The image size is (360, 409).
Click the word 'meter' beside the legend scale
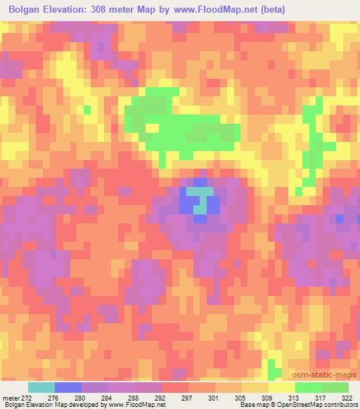(x=11, y=397)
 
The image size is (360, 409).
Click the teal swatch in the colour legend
(x=41, y=387)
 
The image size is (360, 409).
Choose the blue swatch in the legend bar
(x=68, y=387)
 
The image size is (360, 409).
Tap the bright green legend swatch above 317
(x=309, y=387)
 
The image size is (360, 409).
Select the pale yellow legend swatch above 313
(x=282, y=387)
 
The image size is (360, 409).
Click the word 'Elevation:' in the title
(x=72, y=10)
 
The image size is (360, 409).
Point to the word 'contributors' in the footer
(x=340, y=405)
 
